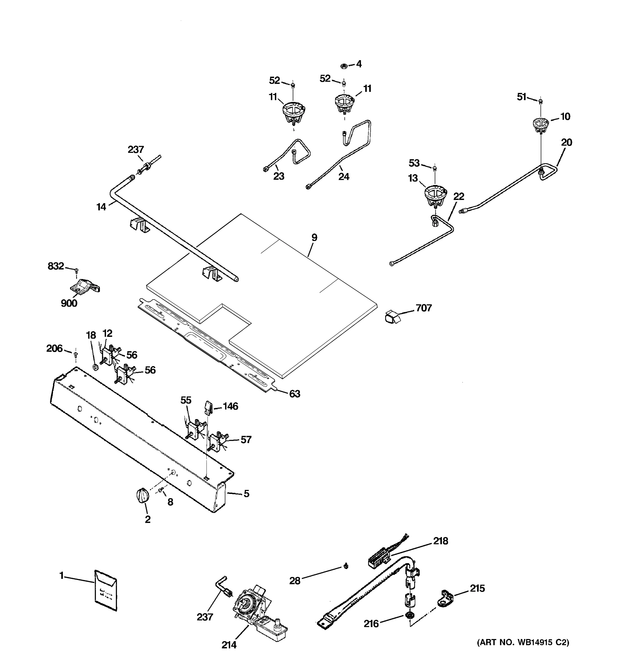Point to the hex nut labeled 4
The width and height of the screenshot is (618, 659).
pos(344,66)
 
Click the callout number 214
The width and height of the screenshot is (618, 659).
pos(229,645)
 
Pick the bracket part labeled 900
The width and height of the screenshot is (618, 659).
pos(85,286)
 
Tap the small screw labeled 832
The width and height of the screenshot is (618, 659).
pos(77,270)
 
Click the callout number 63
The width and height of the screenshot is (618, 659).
pos(294,394)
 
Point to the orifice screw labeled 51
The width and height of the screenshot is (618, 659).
pos(541,101)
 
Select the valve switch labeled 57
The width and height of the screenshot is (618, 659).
pos(217,441)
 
